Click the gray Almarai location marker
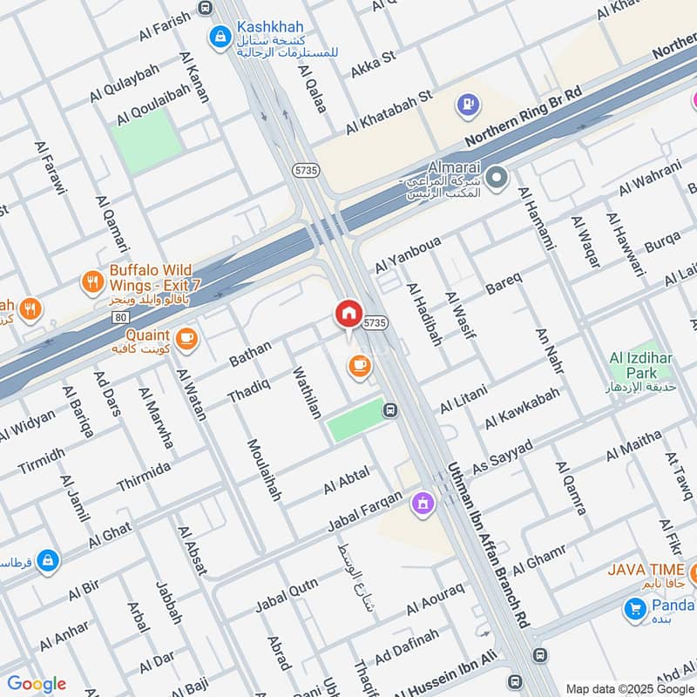pyautogui.click(x=497, y=179)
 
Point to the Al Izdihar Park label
pyautogui.click(x=644, y=371)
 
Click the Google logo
pyautogui.click(x=37, y=684)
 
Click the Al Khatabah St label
pyautogui.click(x=389, y=112)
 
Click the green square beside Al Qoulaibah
pyautogui.click(x=146, y=140)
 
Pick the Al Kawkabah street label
pyautogui.click(x=523, y=409)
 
